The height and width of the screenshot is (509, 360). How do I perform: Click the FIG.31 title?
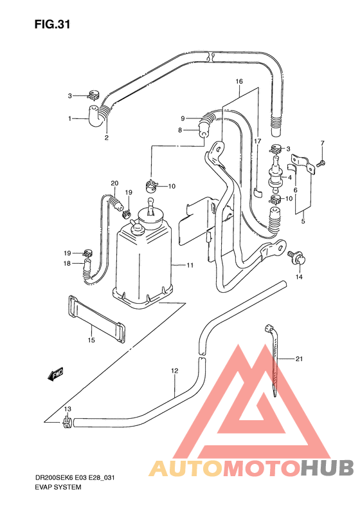[x=51, y=25]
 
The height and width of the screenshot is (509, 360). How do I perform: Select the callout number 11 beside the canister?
[x=190, y=265]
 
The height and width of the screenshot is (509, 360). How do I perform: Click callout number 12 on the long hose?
[x=174, y=371]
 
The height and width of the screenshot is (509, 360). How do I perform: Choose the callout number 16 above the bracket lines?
[x=239, y=82]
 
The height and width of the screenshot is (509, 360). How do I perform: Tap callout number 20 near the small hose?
[x=114, y=183]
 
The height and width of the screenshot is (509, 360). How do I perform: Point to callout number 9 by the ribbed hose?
[x=183, y=118]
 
